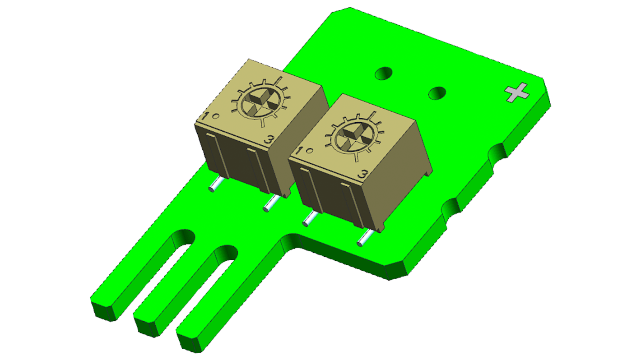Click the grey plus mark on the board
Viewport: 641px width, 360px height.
click(516, 92)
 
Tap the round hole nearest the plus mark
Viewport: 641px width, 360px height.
click(437, 93)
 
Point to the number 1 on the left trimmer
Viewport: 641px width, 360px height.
click(206, 116)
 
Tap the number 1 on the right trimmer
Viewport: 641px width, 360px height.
click(300, 151)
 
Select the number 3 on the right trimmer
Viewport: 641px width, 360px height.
click(362, 174)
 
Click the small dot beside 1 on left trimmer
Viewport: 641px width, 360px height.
click(216, 115)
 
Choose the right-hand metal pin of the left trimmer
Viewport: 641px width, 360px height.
click(269, 204)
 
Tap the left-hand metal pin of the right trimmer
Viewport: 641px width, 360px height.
click(309, 219)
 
